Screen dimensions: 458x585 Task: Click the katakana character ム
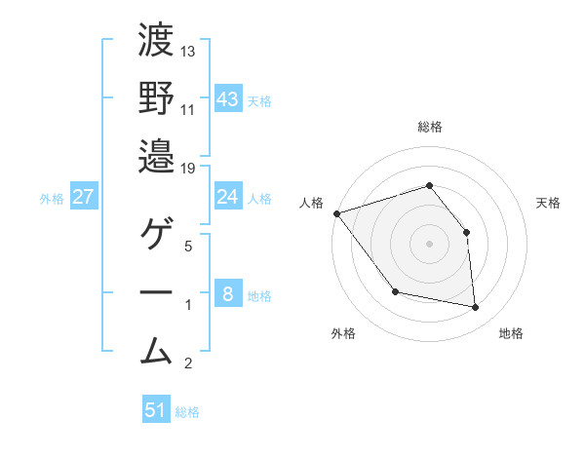pos(156,348)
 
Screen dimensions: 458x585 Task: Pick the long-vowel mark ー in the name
pos(156,291)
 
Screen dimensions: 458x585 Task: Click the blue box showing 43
pos(228,99)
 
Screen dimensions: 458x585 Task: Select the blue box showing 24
pos(228,198)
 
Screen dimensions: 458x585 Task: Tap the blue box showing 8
pos(228,295)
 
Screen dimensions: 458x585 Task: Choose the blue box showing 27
pos(84,198)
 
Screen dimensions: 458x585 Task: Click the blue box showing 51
pos(156,410)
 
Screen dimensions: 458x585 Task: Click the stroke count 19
pos(188,168)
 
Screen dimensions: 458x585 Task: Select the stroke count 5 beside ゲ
pos(188,246)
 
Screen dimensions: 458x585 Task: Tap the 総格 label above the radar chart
pos(430,127)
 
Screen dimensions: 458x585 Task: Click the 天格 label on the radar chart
pos(549,203)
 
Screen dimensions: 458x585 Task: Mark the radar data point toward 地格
pos(476,308)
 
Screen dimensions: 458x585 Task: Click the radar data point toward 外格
pos(395,291)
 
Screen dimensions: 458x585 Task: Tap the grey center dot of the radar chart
pos(429,243)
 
